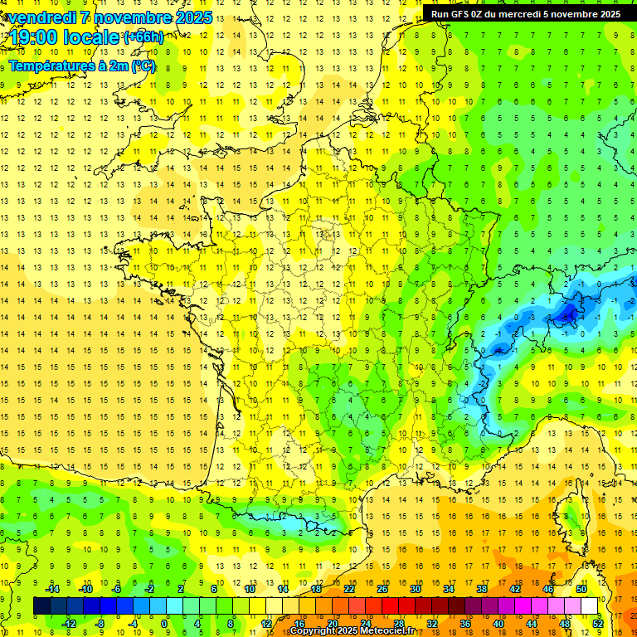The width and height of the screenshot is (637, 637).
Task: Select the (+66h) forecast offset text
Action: (x=143, y=36)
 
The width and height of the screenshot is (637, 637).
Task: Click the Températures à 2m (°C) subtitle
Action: (x=81, y=66)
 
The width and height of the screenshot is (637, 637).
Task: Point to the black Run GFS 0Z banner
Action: (x=525, y=13)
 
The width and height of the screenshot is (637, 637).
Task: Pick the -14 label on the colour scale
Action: (x=52, y=589)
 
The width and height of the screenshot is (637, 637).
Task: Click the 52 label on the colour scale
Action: (x=598, y=623)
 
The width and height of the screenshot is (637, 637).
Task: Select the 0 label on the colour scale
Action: (x=165, y=623)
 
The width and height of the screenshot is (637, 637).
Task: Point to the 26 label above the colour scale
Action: (x=382, y=589)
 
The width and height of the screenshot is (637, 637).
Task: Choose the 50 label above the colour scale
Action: (x=581, y=589)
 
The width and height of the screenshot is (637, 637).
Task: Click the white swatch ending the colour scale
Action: (x=590, y=606)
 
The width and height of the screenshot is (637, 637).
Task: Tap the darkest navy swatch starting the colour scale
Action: (x=41, y=606)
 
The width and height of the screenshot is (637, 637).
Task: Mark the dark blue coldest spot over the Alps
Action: (x=570, y=314)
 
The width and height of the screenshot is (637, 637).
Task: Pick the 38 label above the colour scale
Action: (x=482, y=589)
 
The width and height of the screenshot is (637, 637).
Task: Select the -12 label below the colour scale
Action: (x=69, y=623)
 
